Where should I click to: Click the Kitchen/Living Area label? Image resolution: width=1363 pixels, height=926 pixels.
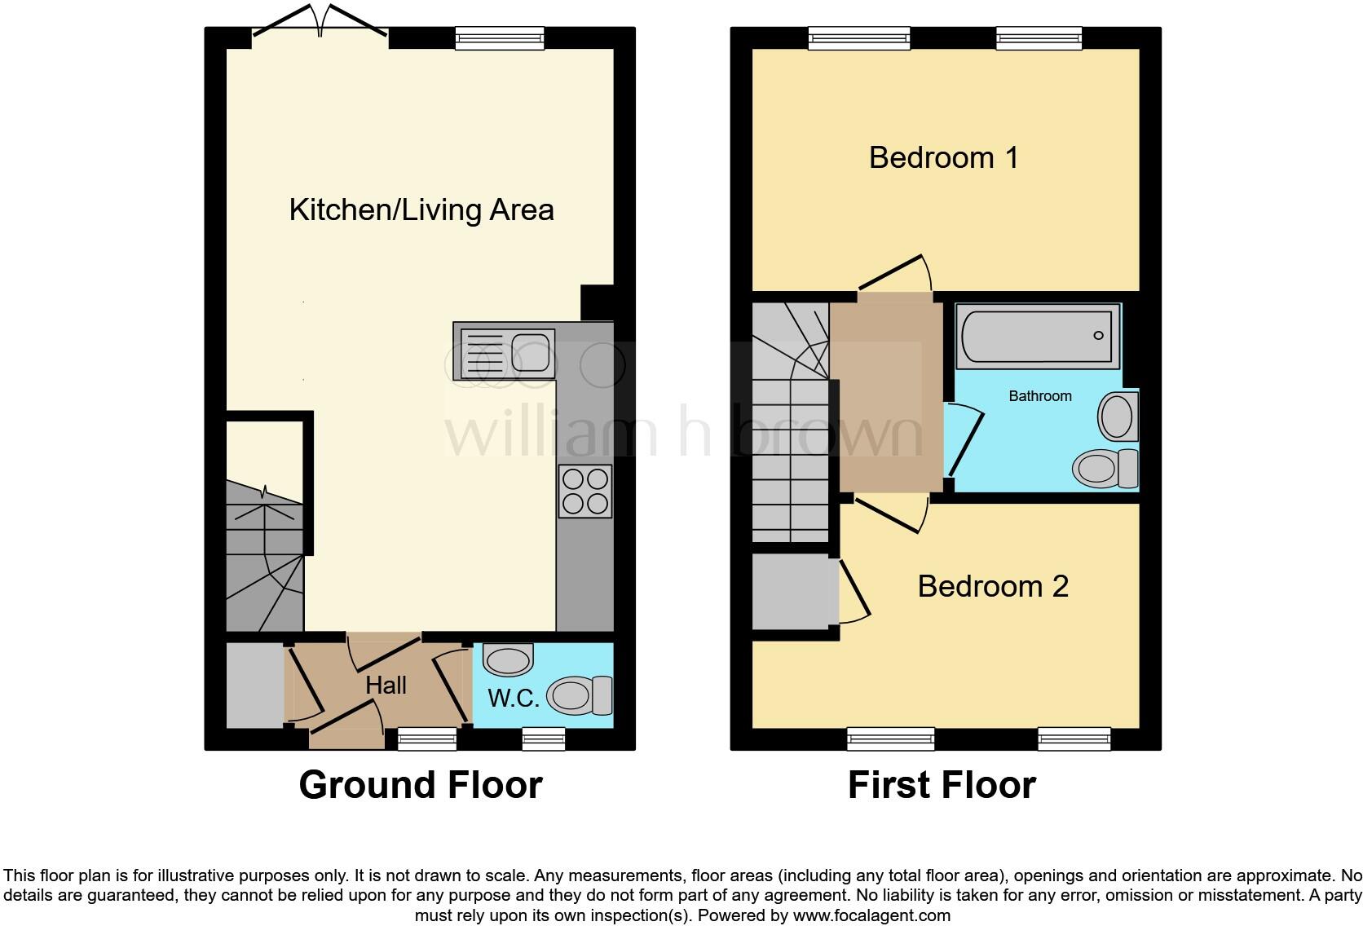[421, 210]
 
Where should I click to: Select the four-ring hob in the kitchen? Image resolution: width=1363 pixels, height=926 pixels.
[584, 491]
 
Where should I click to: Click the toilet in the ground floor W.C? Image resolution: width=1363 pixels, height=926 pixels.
[580, 696]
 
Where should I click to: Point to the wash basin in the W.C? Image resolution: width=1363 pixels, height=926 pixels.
[508, 659]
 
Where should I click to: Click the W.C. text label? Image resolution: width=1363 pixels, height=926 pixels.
[514, 699]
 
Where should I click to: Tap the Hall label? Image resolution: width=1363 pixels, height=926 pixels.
[386, 685]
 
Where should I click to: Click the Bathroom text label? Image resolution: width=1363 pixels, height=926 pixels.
[1039, 396]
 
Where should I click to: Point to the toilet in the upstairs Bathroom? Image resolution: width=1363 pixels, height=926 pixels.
[1105, 468]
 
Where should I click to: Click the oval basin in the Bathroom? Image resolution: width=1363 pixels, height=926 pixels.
[1118, 417]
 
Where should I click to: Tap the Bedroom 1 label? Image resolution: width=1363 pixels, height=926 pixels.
[943, 157]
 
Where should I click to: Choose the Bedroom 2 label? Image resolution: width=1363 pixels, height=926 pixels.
[992, 586]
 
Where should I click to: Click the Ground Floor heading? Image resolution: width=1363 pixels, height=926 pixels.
[421, 785]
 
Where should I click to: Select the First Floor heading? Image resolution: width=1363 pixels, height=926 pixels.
[942, 785]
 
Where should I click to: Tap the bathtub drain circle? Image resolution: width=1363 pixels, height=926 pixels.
[1098, 335]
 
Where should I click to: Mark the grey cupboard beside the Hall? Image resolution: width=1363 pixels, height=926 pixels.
[254, 686]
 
